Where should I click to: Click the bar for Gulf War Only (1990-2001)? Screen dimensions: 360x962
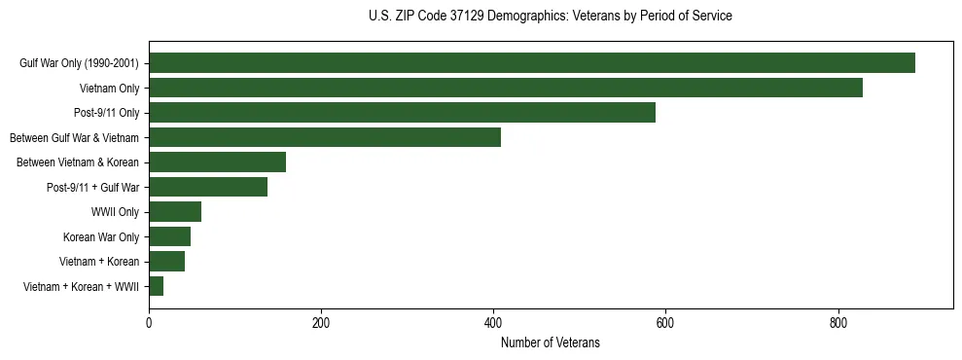(x=532, y=63)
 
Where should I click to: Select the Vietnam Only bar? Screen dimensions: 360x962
(x=506, y=89)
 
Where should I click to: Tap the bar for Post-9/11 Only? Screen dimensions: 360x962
(x=402, y=113)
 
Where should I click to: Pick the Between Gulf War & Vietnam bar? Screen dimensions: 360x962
(x=325, y=137)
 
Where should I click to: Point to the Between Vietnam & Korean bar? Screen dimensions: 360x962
(x=217, y=162)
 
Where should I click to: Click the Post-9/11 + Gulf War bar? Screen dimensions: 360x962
(x=208, y=187)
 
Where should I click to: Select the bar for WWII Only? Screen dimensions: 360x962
(x=175, y=212)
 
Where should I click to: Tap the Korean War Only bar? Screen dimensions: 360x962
(x=169, y=236)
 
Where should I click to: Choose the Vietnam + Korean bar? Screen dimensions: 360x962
(x=166, y=262)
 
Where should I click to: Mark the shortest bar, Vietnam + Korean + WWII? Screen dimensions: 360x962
(x=156, y=286)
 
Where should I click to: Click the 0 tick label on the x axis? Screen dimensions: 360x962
(x=149, y=322)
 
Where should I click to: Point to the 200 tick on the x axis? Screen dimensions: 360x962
(x=321, y=322)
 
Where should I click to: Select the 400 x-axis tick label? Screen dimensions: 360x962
(x=493, y=322)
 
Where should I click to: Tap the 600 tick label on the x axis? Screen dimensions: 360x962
(x=665, y=322)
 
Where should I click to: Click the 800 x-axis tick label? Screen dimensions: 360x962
(x=837, y=322)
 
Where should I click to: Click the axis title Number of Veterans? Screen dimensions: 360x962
(x=551, y=343)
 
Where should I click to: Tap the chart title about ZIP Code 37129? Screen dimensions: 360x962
(x=551, y=17)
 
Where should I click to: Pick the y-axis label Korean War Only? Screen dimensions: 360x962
(x=101, y=236)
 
